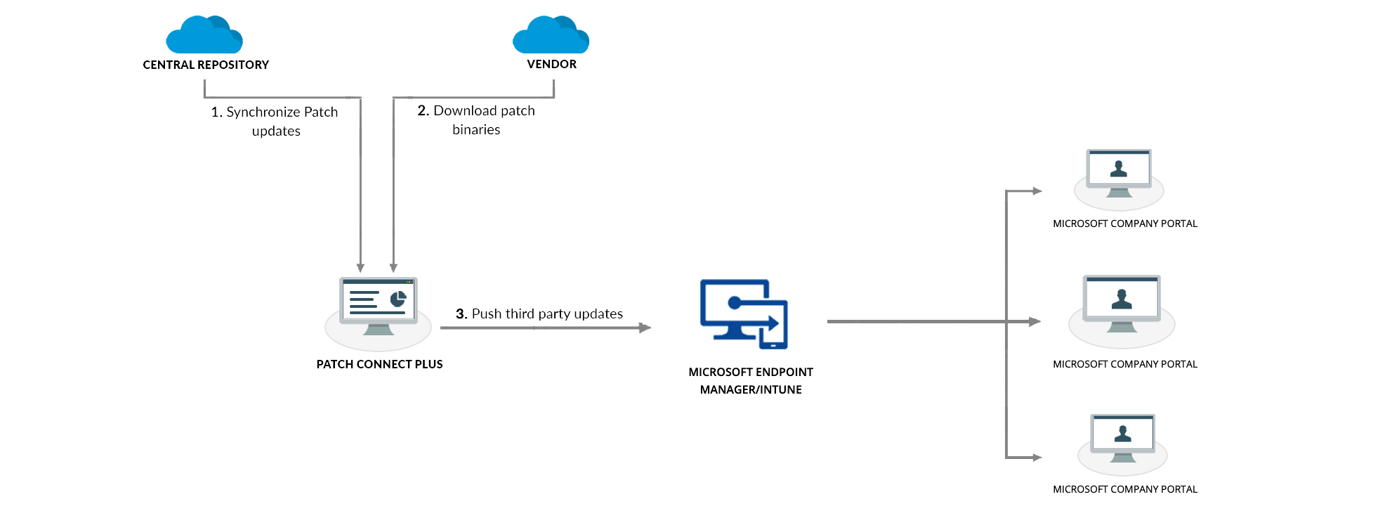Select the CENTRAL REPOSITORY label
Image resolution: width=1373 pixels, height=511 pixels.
tap(206, 65)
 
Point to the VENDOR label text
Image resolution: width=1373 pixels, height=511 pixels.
tap(552, 64)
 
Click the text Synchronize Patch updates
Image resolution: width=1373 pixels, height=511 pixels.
tap(275, 122)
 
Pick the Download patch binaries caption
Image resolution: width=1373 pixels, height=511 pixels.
tap(476, 120)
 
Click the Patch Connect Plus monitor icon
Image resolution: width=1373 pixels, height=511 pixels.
tap(379, 306)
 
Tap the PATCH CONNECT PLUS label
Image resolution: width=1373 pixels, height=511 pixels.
tap(379, 364)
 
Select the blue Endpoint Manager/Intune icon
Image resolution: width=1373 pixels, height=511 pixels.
tap(744, 314)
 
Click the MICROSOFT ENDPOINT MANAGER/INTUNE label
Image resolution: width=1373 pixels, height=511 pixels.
tap(751, 380)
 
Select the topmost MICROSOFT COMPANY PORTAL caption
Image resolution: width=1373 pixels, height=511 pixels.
tap(1125, 224)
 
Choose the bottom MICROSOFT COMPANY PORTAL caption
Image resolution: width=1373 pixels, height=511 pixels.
tap(1125, 489)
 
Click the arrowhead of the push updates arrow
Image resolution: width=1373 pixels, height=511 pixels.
tap(645, 328)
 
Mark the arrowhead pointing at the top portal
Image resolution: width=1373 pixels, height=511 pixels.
tap(1037, 191)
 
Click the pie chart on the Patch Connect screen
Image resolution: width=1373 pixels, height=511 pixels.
tap(398, 299)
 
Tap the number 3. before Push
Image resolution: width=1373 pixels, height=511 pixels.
tap(461, 313)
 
